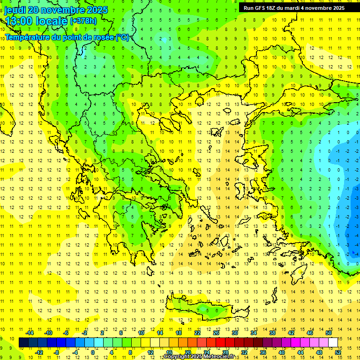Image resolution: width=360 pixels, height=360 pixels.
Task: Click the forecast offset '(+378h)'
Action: click(x=83, y=21)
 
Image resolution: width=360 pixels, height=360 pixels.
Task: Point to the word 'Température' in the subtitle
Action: click(x=30, y=37)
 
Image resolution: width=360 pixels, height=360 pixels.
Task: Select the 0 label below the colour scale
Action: click(x=92, y=352)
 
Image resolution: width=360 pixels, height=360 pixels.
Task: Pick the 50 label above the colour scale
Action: click(x=328, y=333)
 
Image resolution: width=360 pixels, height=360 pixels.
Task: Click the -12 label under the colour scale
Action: click(x=39, y=352)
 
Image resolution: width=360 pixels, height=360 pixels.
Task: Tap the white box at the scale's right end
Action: click(x=333, y=343)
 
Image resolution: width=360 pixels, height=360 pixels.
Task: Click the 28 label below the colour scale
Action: click(x=225, y=352)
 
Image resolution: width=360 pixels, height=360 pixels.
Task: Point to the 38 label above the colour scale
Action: click(x=272, y=333)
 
